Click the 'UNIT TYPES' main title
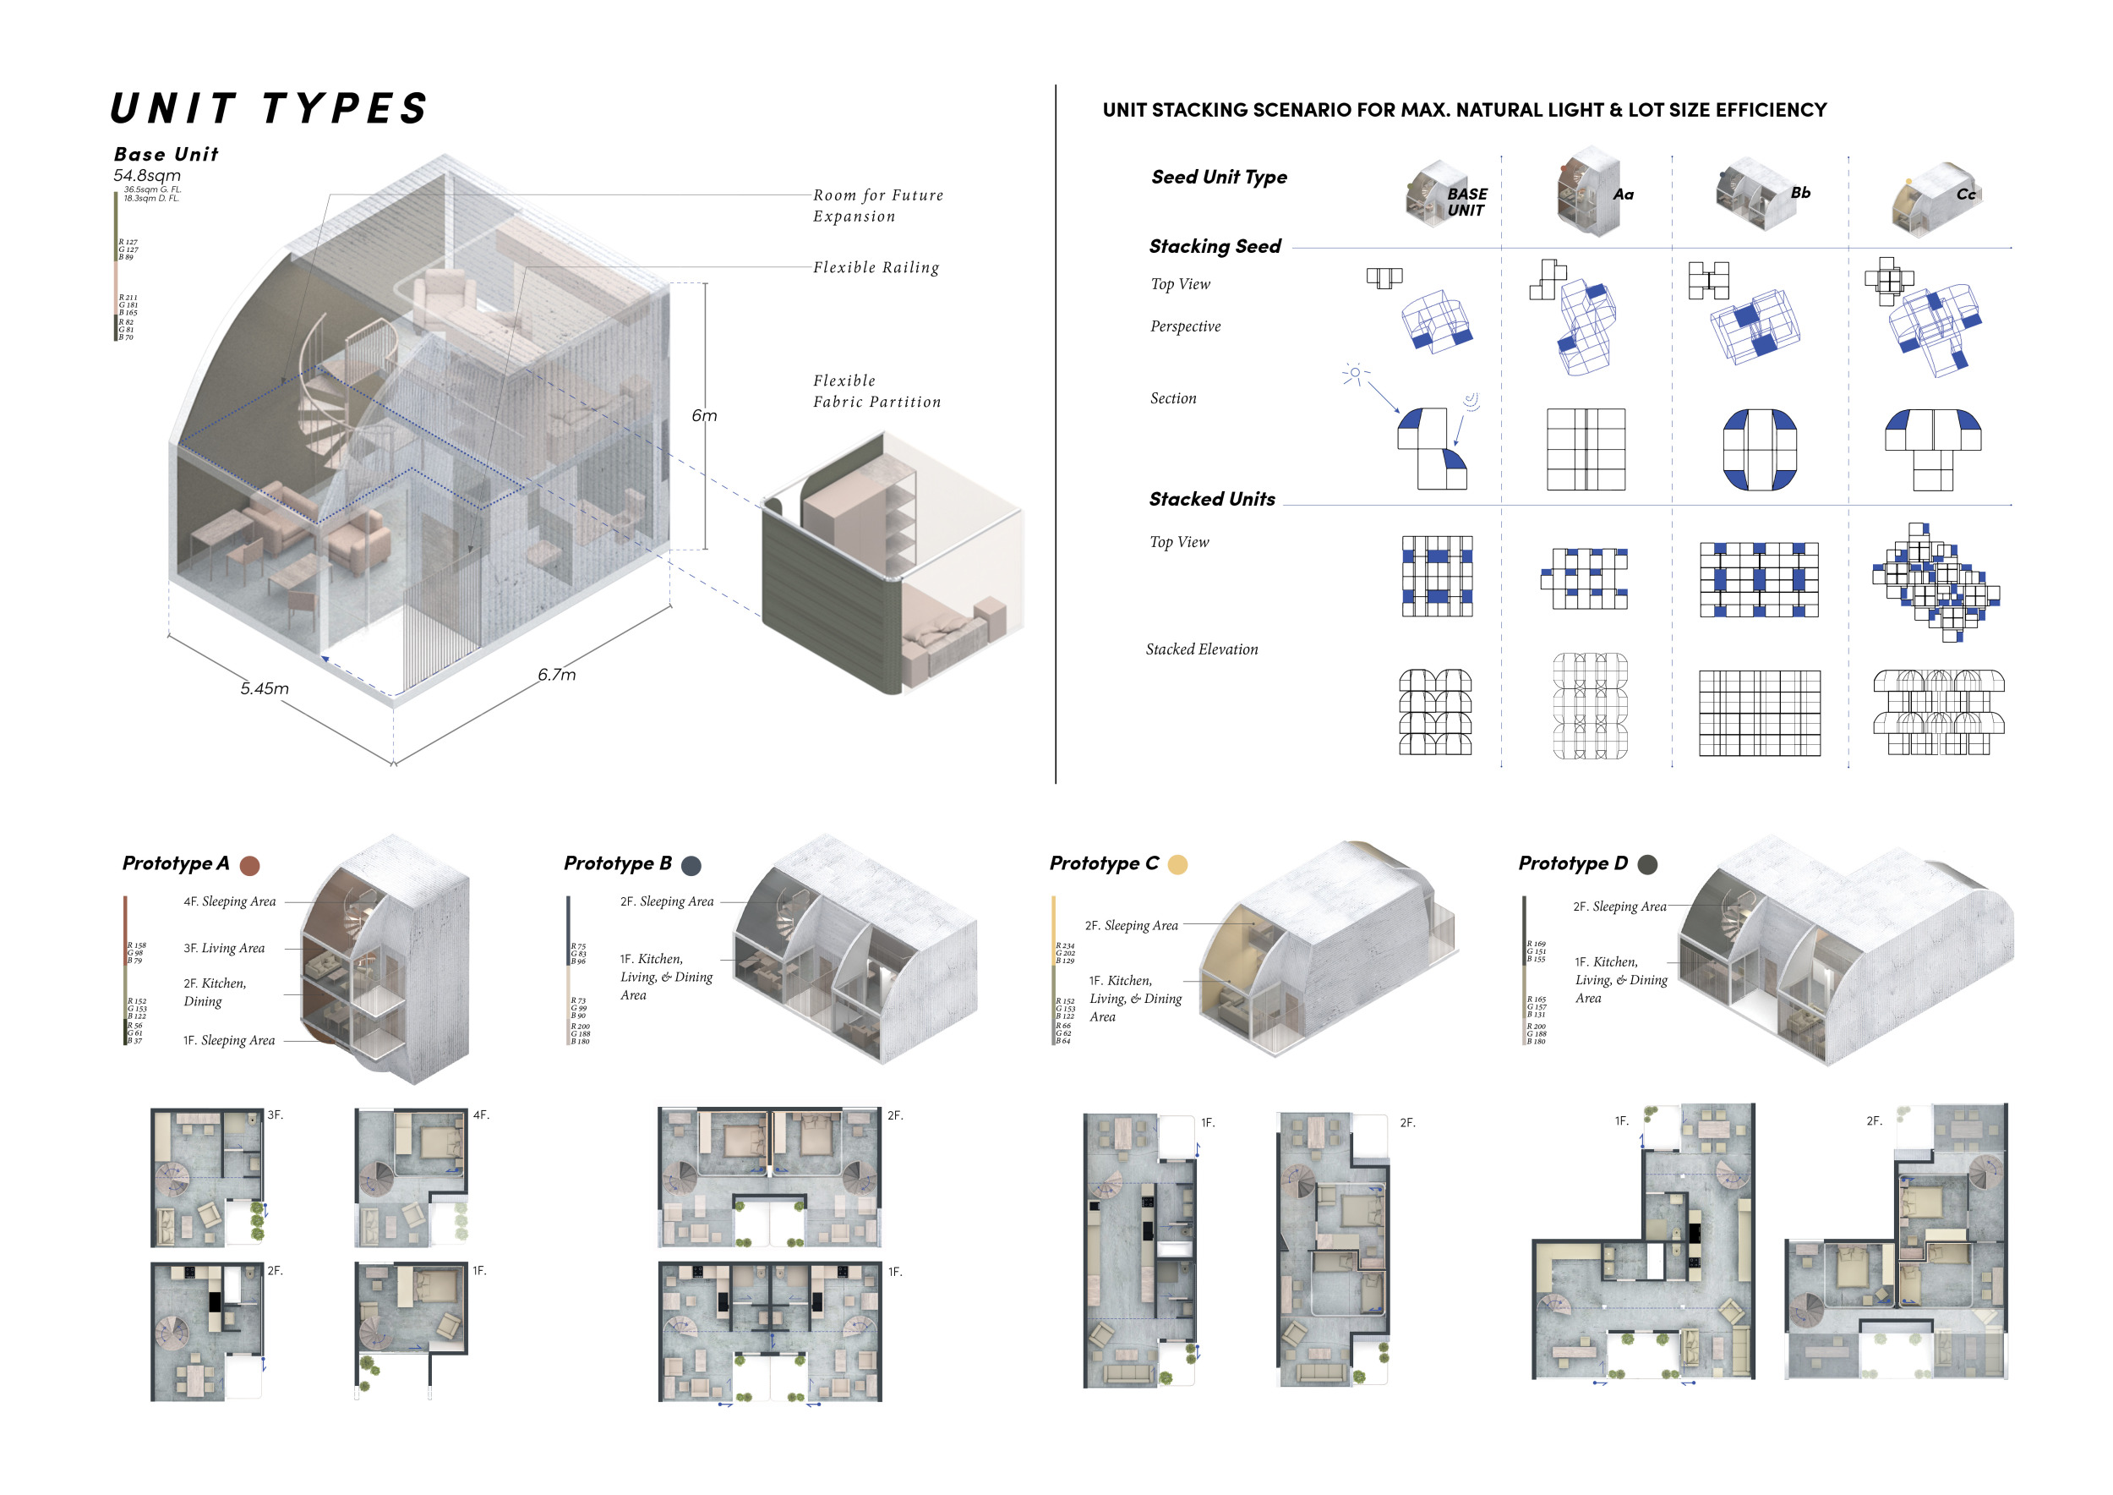[x=269, y=108]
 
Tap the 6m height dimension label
[x=704, y=416]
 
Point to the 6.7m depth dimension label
[x=557, y=675]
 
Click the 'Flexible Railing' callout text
[x=875, y=267]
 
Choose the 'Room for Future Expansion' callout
[x=877, y=205]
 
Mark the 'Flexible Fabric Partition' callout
[x=876, y=392]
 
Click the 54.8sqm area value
[x=147, y=175]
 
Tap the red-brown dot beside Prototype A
[x=249, y=865]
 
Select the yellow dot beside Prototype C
[x=1177, y=864]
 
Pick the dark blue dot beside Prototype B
[x=691, y=865]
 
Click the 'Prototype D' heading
[x=1573, y=863]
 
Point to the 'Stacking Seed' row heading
[x=1215, y=247]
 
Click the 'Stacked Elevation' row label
[x=1201, y=649]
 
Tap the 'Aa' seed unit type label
[x=1624, y=194]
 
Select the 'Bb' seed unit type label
[x=1800, y=193]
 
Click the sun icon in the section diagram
[x=1355, y=373]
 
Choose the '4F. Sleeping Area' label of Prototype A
[x=229, y=902]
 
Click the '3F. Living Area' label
[x=224, y=948]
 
